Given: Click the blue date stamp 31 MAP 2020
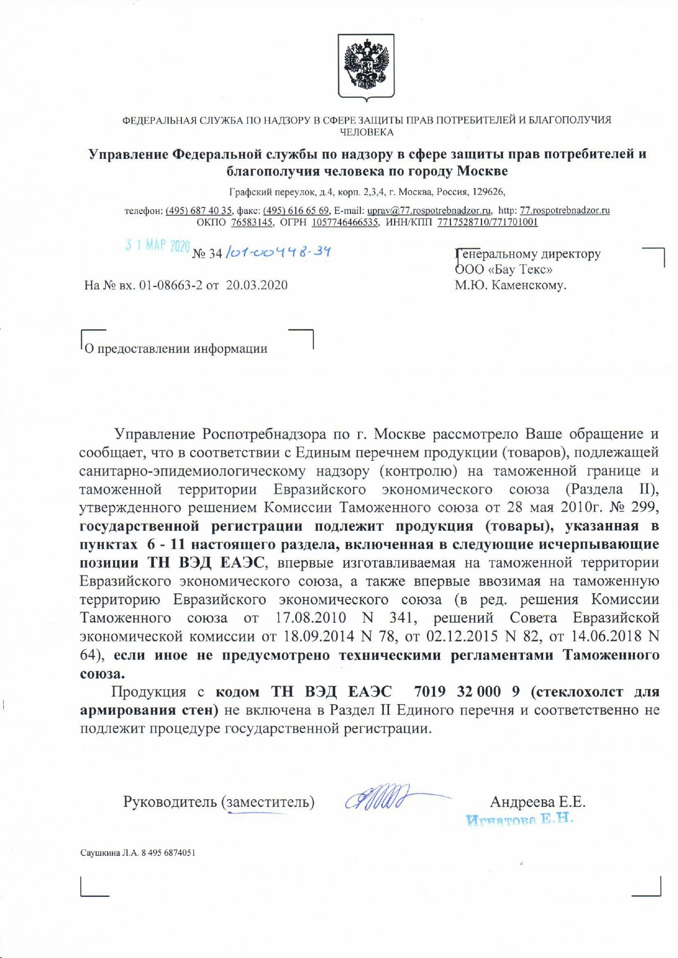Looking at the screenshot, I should click(x=157, y=246).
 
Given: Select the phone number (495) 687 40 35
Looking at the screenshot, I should click(x=199, y=211).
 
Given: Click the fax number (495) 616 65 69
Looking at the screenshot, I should click(x=296, y=211).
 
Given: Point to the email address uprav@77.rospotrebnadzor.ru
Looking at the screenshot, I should click(x=429, y=211).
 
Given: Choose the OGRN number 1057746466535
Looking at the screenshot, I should click(x=345, y=222).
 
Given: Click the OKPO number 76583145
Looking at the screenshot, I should click(x=252, y=222).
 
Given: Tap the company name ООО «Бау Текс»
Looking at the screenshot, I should click(x=503, y=269).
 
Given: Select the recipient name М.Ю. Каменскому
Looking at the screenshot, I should click(x=510, y=284).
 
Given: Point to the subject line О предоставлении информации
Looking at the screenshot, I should click(x=176, y=349).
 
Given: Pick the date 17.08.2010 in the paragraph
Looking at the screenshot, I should click(x=311, y=618).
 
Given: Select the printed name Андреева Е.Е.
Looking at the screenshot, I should click(x=537, y=801).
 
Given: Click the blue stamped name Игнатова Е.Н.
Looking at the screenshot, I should click(x=519, y=819).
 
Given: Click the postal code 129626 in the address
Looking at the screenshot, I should click(x=491, y=192).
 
